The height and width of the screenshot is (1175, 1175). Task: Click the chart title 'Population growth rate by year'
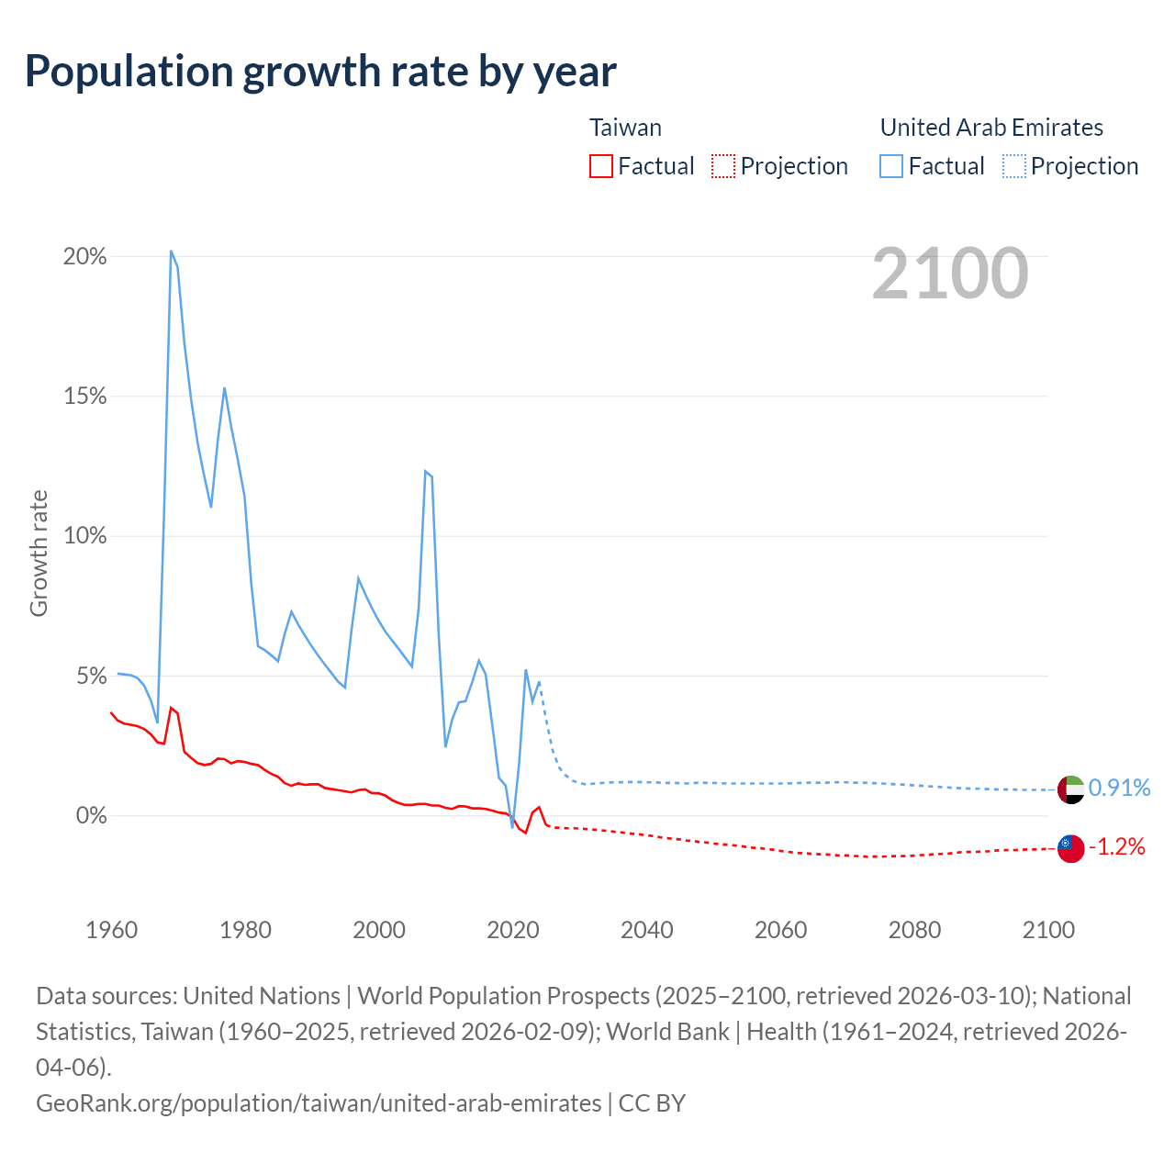click(320, 72)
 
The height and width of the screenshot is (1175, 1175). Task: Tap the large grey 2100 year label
click(950, 274)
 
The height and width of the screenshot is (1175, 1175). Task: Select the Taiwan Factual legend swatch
click(601, 166)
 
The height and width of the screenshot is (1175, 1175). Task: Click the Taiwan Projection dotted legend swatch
click(723, 166)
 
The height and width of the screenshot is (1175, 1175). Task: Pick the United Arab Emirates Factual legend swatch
click(891, 166)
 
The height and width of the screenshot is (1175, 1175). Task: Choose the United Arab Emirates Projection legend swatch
click(1014, 166)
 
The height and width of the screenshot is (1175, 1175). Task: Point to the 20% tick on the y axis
click(85, 257)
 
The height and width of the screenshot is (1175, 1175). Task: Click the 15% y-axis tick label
click(85, 397)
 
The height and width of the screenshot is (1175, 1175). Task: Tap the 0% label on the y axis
click(90, 816)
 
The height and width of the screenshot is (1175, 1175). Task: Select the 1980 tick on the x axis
click(246, 930)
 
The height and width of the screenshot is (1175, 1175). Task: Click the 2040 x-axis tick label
click(647, 930)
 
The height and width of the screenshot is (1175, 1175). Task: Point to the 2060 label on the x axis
click(781, 930)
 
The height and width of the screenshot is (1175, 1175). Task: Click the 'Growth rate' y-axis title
click(39, 554)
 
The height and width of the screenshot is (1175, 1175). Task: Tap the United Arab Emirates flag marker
click(1070, 789)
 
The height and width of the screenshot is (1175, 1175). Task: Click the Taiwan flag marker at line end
click(1070, 848)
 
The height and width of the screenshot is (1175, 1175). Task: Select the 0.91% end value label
click(1119, 789)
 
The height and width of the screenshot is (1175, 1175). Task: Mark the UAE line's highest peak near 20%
click(172, 251)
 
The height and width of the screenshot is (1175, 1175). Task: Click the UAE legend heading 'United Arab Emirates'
click(991, 128)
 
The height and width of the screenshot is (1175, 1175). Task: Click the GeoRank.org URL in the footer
click(319, 1102)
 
